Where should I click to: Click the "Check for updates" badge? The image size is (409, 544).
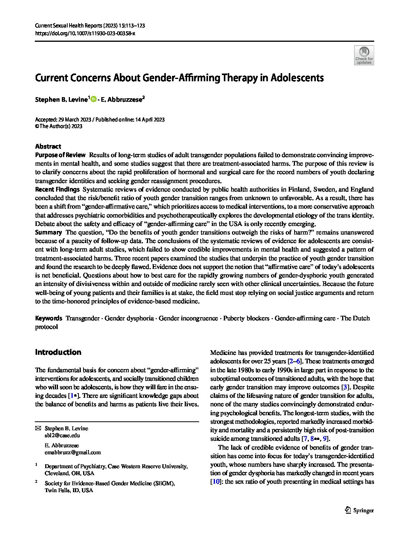point(364,55)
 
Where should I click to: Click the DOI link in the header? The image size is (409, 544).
point(85,33)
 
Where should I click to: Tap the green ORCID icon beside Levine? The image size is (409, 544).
point(93,99)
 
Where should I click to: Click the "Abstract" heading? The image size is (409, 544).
point(48,146)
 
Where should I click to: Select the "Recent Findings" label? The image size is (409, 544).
point(57,189)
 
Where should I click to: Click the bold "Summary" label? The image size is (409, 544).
point(48,232)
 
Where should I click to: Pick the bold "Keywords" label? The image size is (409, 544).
point(48,318)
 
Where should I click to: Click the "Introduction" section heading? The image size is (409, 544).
point(58,352)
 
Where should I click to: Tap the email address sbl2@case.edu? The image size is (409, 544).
point(62,435)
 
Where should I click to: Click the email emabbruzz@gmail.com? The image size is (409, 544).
point(73,452)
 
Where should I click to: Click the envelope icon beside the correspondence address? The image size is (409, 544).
point(37,428)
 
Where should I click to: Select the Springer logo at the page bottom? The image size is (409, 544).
point(359,510)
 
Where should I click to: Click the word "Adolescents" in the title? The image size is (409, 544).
point(297,78)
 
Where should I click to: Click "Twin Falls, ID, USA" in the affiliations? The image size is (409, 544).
point(69,490)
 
